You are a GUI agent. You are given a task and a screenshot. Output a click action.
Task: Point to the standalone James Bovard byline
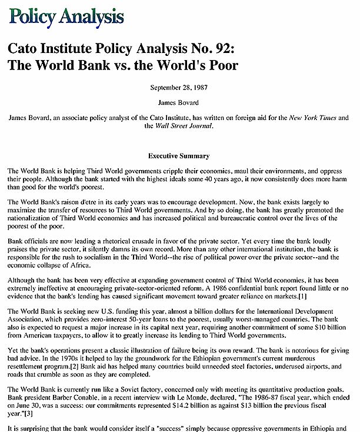(179, 102)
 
